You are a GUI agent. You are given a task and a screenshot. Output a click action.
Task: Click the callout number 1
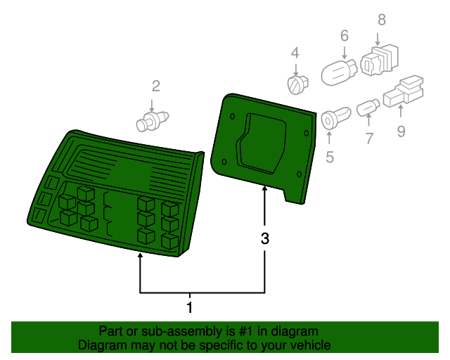click(x=189, y=307)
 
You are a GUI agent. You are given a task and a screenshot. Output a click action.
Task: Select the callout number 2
click(x=156, y=86)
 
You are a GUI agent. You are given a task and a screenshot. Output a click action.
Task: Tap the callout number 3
click(x=265, y=238)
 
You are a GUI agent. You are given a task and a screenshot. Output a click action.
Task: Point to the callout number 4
click(x=295, y=53)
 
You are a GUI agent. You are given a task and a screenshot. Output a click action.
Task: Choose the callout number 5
click(x=330, y=157)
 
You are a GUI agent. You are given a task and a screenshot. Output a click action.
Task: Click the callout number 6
click(x=345, y=36)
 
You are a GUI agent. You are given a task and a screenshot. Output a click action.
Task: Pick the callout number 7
click(x=369, y=139)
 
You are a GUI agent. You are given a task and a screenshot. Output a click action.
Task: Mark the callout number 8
click(x=382, y=20)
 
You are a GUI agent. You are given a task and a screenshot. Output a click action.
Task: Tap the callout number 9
click(x=401, y=131)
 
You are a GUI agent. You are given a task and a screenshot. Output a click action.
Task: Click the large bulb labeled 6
click(x=339, y=72)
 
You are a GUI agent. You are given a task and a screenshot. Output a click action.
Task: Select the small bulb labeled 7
click(x=368, y=108)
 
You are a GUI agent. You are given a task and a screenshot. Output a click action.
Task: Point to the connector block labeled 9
click(x=403, y=91)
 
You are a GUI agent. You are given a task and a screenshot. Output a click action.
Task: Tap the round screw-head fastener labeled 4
click(x=297, y=84)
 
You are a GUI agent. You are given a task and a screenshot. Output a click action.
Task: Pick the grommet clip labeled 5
click(x=335, y=118)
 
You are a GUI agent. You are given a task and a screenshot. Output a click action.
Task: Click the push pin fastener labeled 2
click(x=152, y=122)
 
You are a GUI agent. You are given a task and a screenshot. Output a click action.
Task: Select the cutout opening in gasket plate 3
click(x=261, y=143)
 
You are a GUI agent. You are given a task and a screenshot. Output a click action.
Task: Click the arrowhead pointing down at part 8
click(x=378, y=43)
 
